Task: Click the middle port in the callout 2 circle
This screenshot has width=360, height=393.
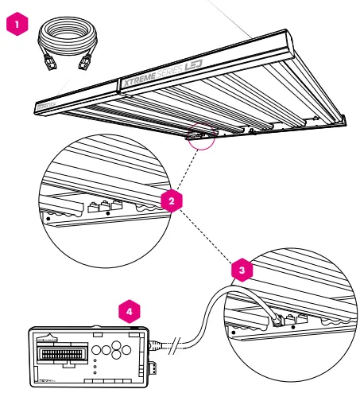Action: coord(103,209)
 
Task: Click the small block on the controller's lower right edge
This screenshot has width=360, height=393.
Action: coord(154,367)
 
